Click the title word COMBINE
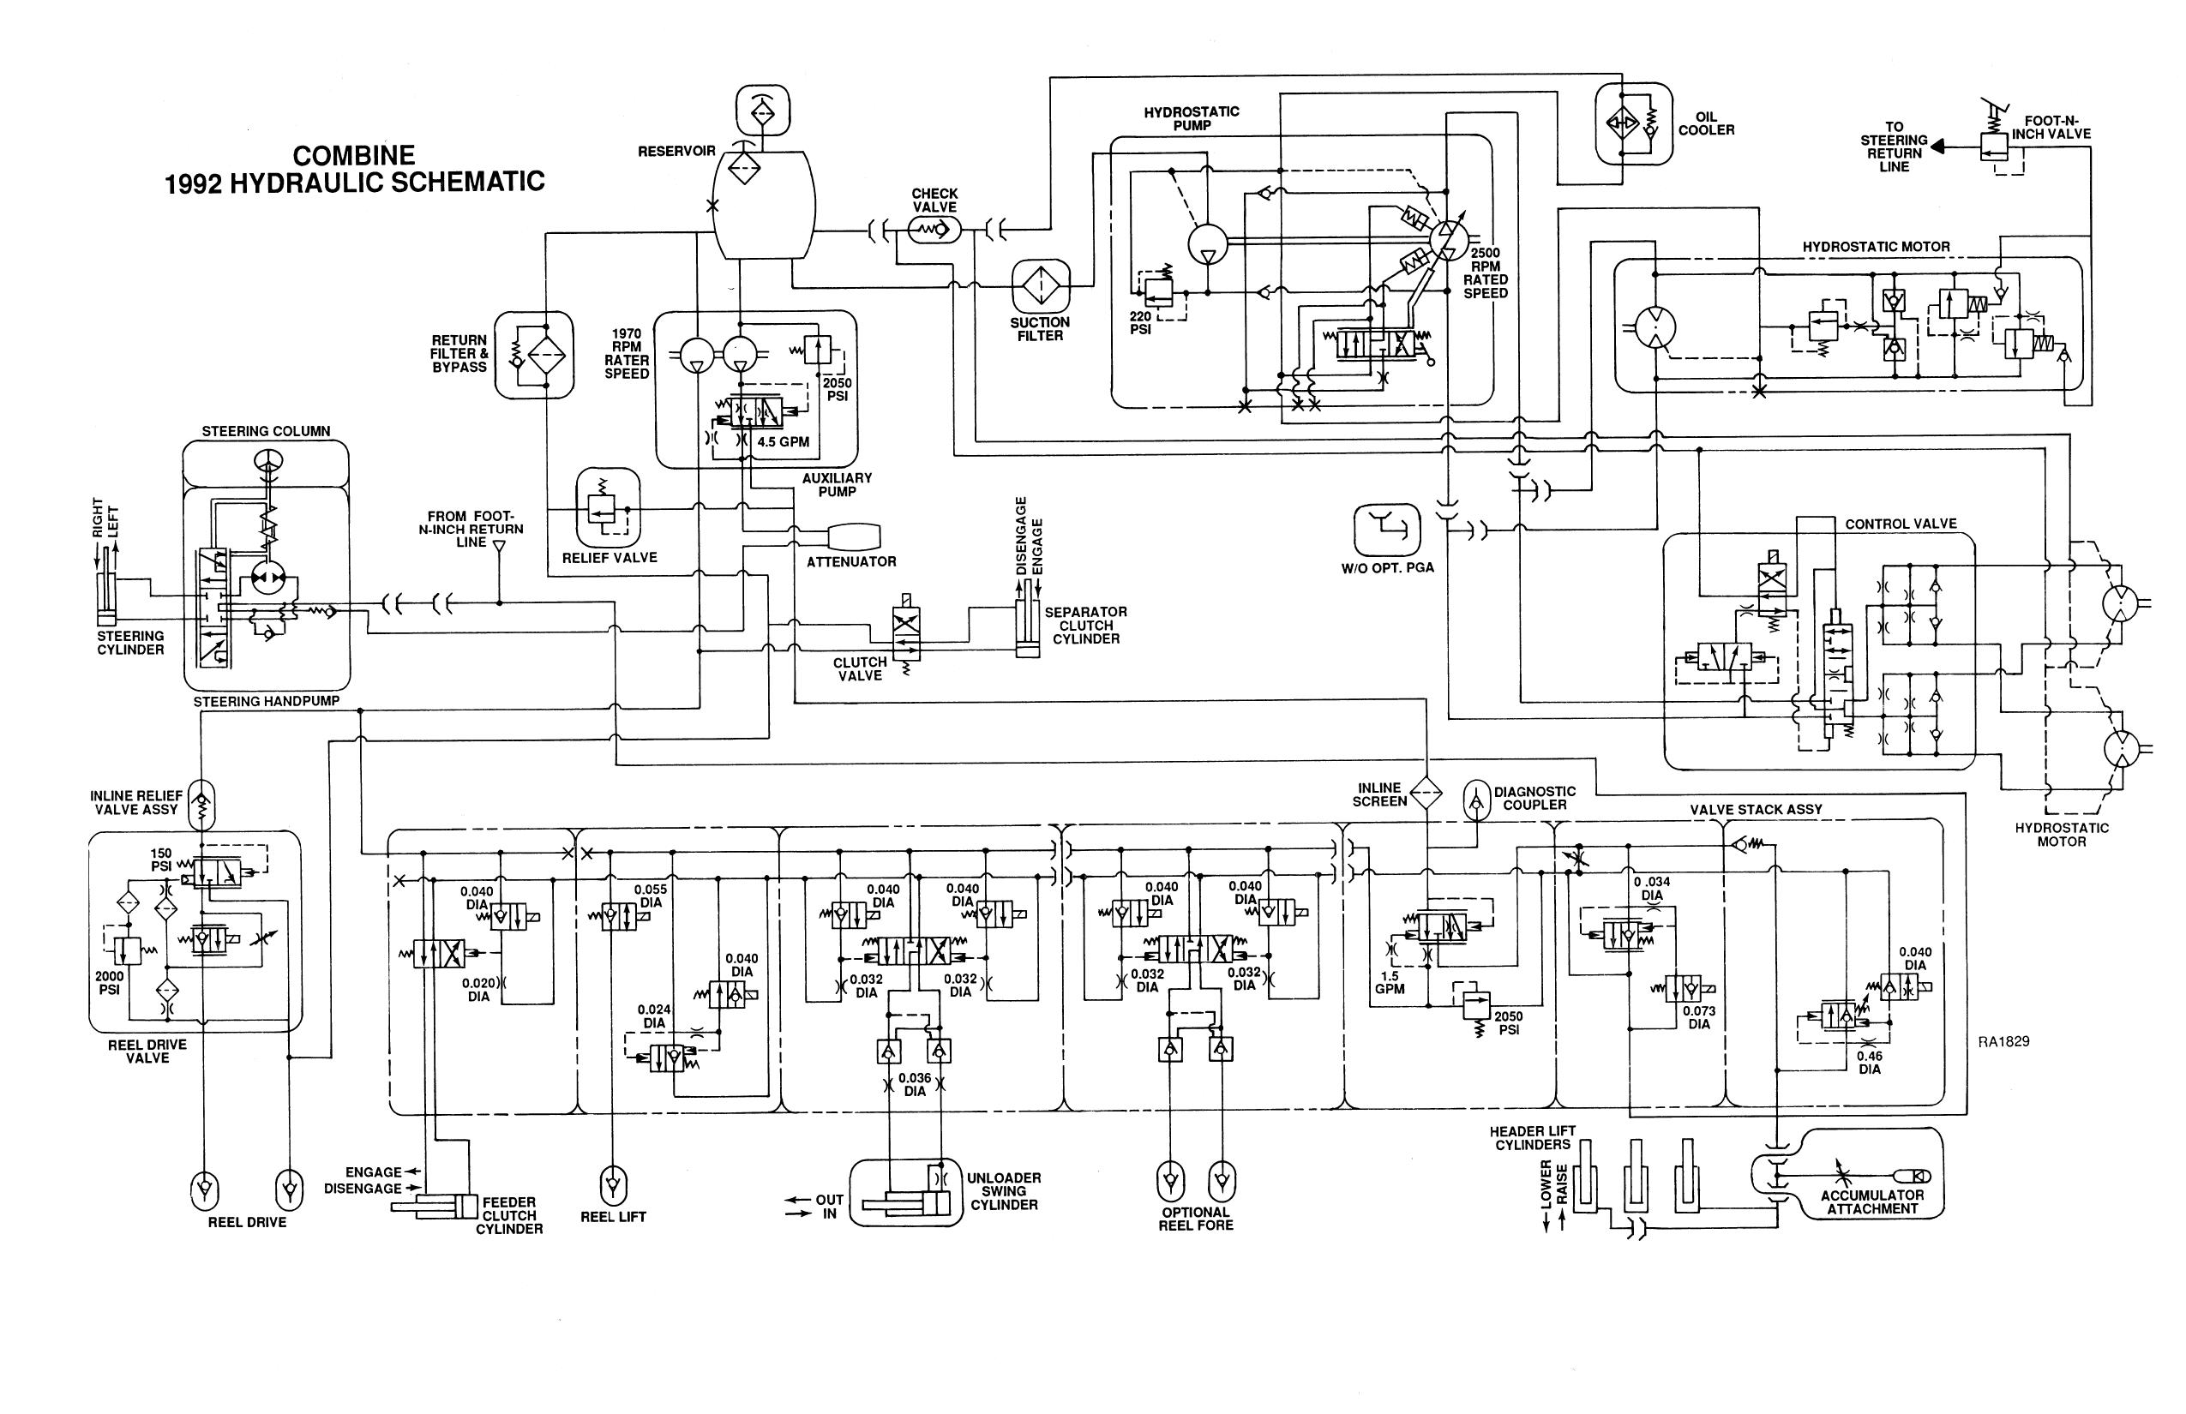353,154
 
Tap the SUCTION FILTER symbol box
1041,285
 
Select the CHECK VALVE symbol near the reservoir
934,230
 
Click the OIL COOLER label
1706,124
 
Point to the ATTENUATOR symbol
853,536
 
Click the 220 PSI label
1140,322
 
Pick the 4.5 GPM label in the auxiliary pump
783,441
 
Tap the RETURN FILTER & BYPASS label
459,353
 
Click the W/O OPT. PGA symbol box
1387,530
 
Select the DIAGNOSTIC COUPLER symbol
1476,800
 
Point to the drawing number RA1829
2003,1041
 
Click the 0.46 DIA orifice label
1869,1063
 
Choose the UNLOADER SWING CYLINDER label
1003,1191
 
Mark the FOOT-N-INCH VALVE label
2051,127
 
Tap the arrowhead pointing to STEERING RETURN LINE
1937,146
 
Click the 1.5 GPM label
1390,982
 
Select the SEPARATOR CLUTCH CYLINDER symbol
1027,628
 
